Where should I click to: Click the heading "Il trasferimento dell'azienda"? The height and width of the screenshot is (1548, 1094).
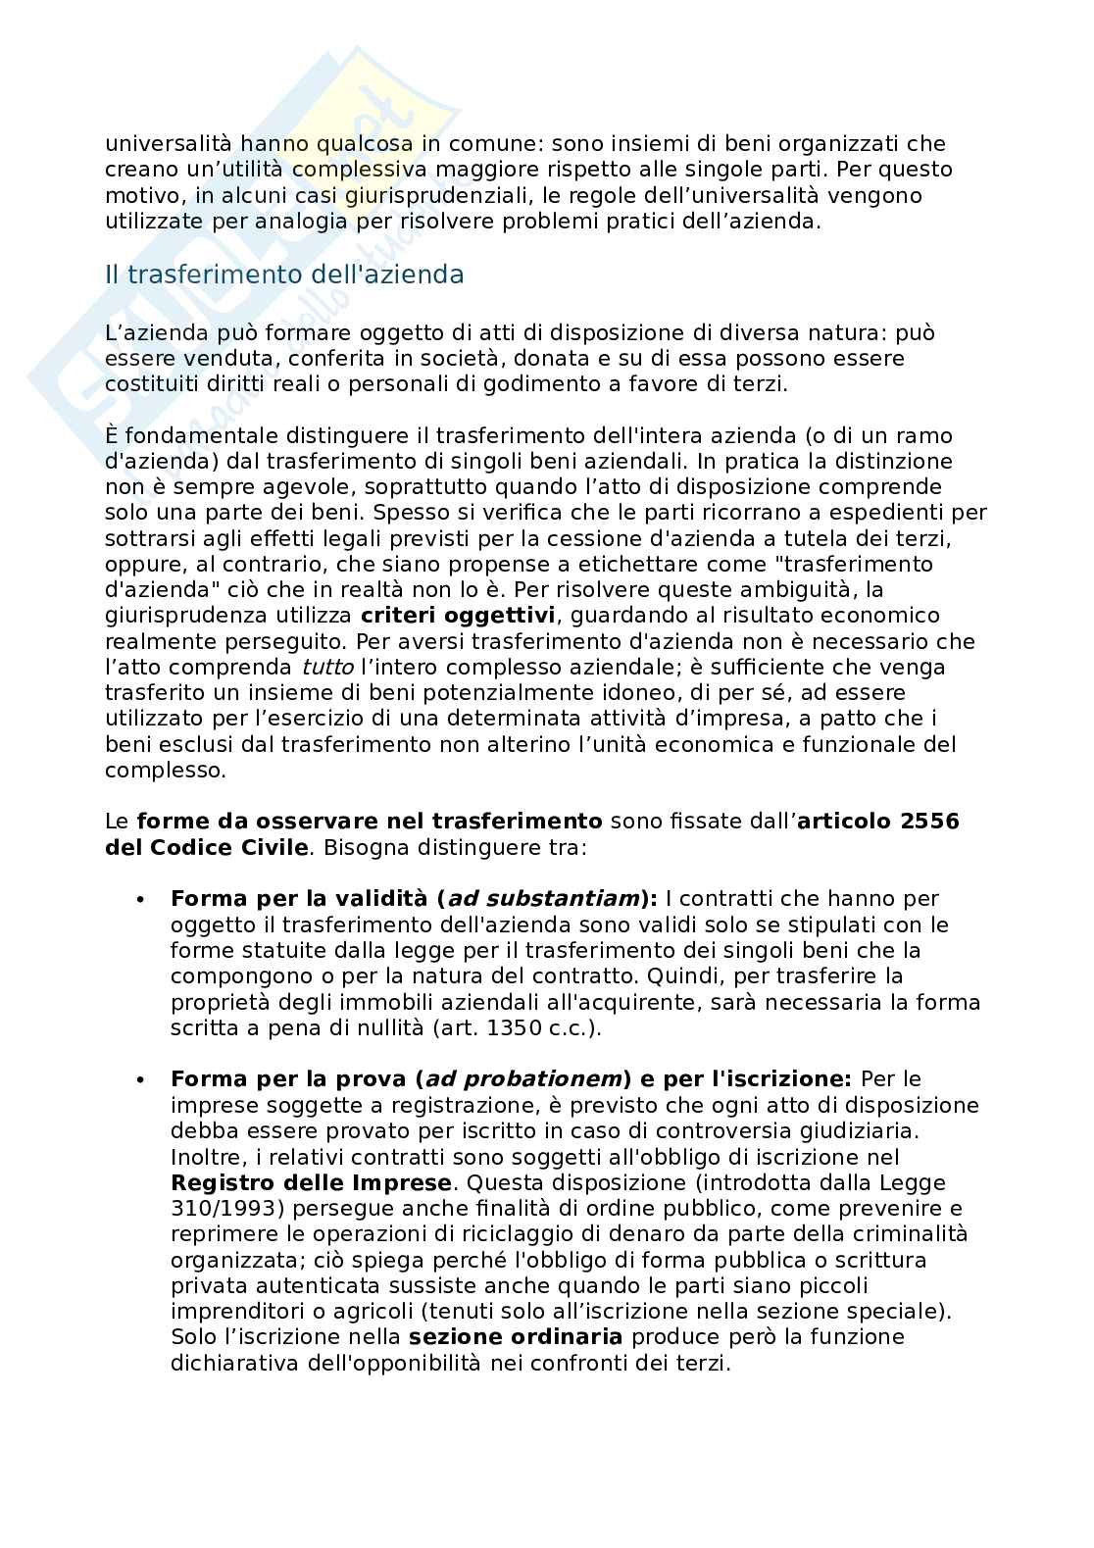(x=284, y=275)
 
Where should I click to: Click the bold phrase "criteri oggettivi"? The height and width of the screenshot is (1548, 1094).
(x=458, y=616)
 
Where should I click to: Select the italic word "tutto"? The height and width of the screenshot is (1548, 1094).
(x=327, y=668)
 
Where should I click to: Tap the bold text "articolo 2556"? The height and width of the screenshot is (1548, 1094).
(x=878, y=822)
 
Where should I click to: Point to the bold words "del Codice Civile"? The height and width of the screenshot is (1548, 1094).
(x=206, y=847)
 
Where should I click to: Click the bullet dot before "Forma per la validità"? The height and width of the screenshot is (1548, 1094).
(x=140, y=900)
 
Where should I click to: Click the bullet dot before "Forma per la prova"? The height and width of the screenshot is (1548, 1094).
(x=140, y=1080)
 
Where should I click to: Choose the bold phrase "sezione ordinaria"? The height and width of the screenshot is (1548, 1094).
(x=516, y=1337)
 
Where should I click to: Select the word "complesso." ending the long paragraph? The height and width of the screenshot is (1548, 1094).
(x=165, y=771)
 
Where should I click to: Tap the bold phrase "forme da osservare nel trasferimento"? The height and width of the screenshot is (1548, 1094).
(x=370, y=822)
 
